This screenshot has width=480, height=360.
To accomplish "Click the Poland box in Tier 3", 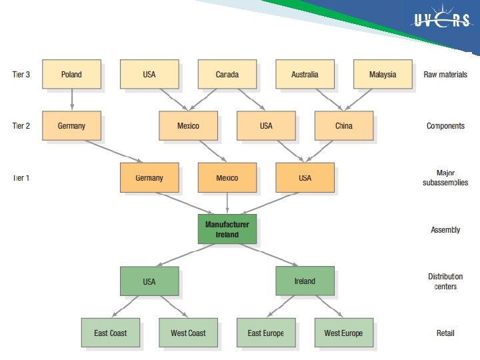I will (71, 75).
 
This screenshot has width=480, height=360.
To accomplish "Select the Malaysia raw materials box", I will (383, 75).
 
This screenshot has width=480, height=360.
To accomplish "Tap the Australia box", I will (305, 75).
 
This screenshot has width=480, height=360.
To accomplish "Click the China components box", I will (344, 126).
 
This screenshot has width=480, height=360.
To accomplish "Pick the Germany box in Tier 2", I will (71, 126).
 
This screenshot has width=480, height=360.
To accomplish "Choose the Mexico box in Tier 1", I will (227, 178).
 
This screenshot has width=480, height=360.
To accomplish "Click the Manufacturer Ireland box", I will (227, 229).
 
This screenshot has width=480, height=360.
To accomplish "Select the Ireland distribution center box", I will (305, 281).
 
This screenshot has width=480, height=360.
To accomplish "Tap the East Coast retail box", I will (111, 333).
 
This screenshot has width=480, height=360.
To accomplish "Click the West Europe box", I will (344, 333).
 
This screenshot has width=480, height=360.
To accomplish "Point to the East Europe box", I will (266, 333).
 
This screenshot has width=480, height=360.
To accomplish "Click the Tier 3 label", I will (21, 75).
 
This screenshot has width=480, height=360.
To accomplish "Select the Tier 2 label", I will (21, 126).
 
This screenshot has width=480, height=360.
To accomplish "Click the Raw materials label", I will (445, 75).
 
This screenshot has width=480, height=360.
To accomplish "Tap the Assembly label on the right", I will (445, 230).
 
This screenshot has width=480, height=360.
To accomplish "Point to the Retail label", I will (445, 333).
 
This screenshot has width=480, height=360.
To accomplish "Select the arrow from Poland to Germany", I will (71, 100).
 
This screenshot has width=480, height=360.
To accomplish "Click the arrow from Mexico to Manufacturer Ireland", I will (227, 203).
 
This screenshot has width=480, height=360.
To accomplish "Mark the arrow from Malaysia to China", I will (363, 100).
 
